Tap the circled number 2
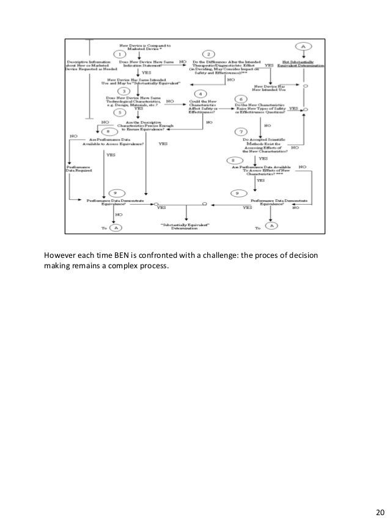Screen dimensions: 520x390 (x=207, y=54)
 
